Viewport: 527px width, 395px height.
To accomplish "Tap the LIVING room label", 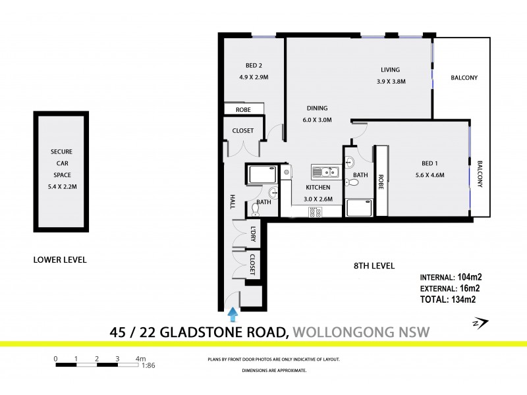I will [x=390, y=70].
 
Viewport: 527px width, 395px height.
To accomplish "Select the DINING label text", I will [x=317, y=109].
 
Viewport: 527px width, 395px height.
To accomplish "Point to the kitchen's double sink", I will [x=325, y=173].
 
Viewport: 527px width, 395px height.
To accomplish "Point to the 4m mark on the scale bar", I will [x=140, y=359].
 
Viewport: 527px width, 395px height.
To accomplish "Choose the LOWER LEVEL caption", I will [x=60, y=260].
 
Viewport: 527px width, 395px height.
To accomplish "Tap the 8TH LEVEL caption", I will [x=374, y=266].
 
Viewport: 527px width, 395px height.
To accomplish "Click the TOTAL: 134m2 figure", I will [x=447, y=299].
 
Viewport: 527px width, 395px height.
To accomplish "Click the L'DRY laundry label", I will [x=253, y=234].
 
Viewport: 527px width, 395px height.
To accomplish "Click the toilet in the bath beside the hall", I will [x=256, y=209].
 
